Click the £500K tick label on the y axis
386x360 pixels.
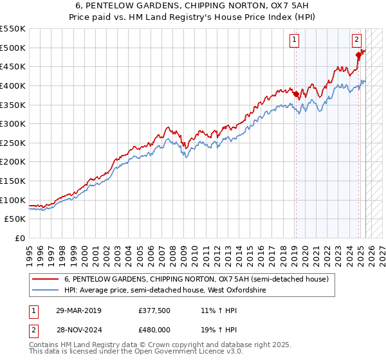tap(12, 48)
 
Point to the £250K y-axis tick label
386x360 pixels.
tap(12, 143)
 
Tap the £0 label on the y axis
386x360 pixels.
tap(21, 238)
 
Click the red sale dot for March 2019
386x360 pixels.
tap(296, 94)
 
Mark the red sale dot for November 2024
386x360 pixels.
tap(358, 55)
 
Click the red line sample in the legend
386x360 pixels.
tap(46, 280)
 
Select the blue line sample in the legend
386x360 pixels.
tap(46, 291)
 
